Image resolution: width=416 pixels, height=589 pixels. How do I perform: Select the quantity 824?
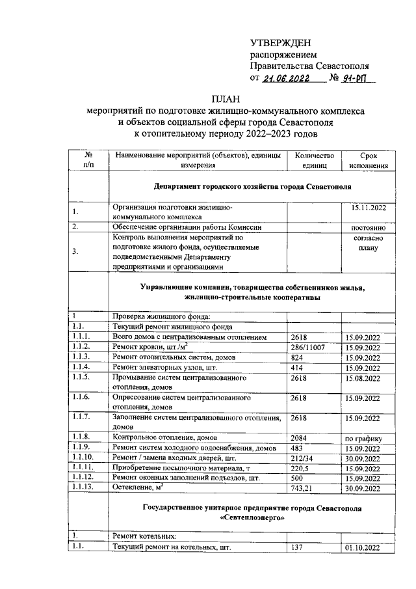(x=298, y=358)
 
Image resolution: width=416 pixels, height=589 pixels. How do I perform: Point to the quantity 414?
(x=298, y=368)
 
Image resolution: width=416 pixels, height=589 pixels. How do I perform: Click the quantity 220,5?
(x=300, y=467)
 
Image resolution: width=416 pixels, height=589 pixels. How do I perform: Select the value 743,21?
(x=304, y=487)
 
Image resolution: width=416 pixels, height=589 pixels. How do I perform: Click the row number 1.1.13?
(x=84, y=487)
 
